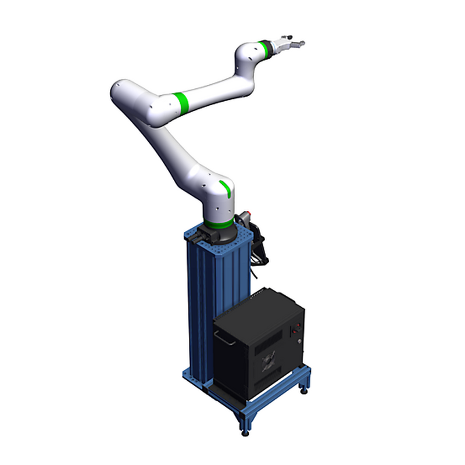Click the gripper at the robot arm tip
pyautogui.click(x=289, y=44)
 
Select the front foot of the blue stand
pyautogui.click(x=245, y=431)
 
